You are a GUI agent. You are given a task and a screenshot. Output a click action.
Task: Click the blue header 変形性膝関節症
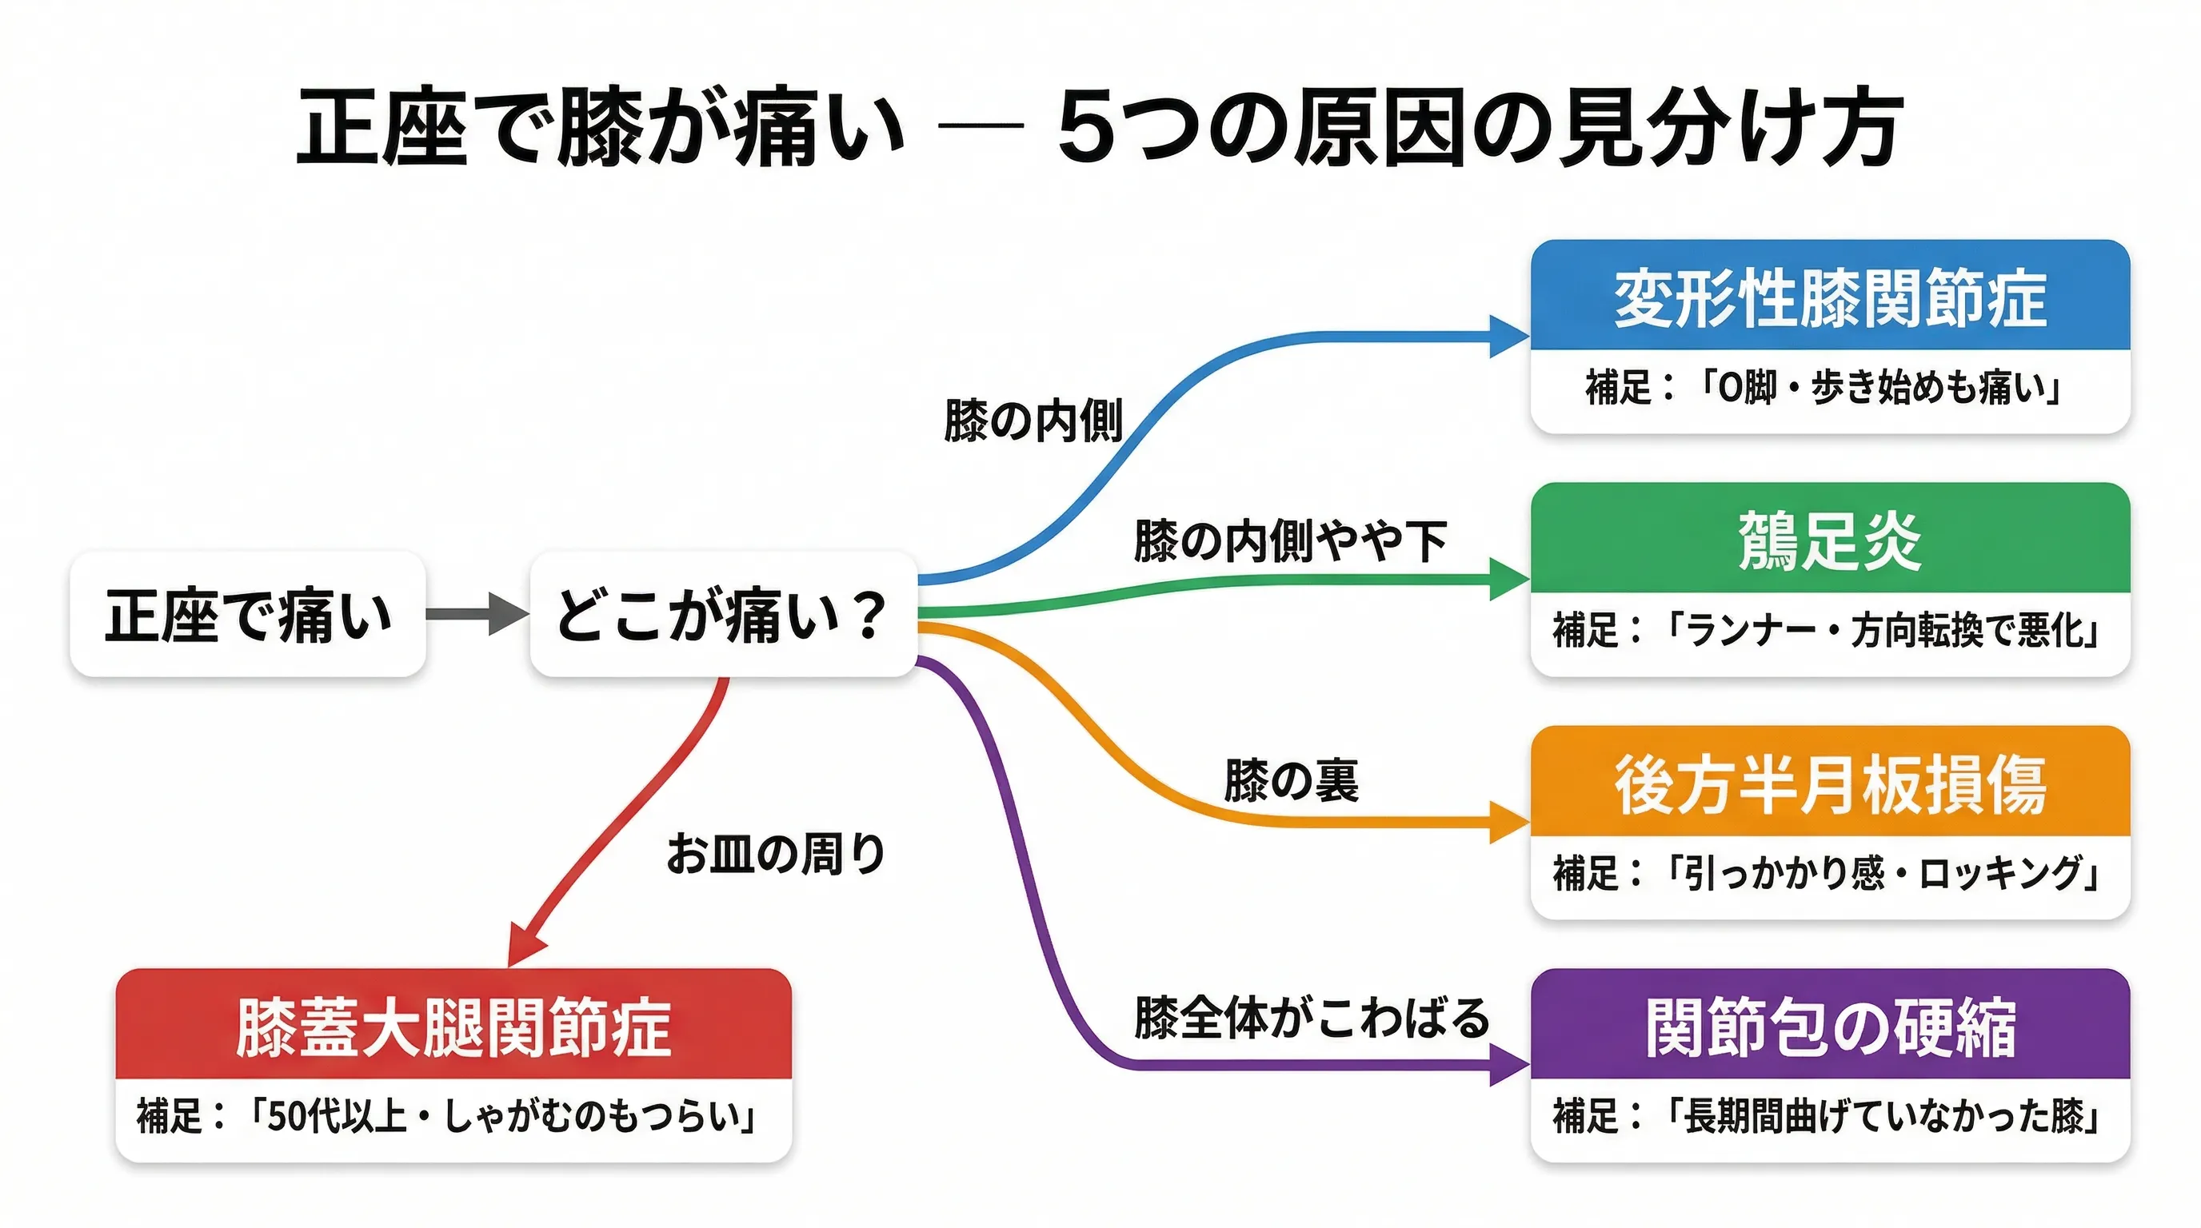[1829, 297]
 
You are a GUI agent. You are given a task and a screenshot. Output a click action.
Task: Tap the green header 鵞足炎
[1829, 540]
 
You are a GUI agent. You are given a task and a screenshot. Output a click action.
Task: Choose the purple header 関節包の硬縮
[1829, 1026]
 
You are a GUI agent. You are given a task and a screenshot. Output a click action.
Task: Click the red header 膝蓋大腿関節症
[453, 1026]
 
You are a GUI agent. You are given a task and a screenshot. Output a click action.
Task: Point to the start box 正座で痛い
[248, 615]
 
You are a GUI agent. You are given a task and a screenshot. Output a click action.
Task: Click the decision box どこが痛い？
[723, 615]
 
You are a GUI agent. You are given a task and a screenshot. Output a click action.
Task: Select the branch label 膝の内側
[1033, 421]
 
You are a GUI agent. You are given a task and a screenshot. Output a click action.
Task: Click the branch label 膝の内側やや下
[1289, 540]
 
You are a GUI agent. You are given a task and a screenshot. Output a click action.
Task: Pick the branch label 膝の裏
[1291, 779]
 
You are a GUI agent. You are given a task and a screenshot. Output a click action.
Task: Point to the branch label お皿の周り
[776, 853]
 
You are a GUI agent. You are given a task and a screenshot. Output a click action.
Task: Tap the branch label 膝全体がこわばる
[1312, 1017]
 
